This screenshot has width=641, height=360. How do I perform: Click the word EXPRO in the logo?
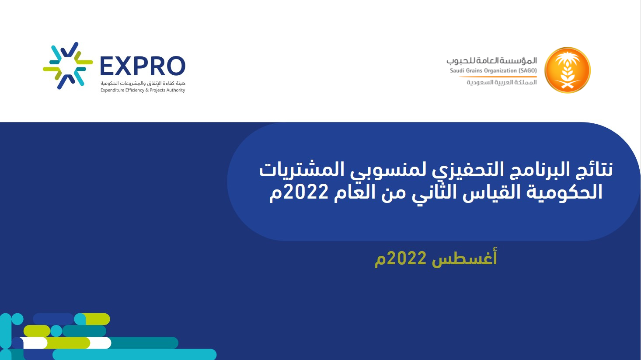tap(143, 66)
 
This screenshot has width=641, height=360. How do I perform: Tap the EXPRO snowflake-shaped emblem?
tap(68, 66)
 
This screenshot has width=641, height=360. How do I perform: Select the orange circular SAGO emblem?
tap(567, 70)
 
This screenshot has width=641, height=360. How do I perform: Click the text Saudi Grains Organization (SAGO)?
tap(493, 71)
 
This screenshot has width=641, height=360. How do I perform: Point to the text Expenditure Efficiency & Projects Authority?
tap(143, 90)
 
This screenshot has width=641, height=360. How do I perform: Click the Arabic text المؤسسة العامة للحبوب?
tap(491, 61)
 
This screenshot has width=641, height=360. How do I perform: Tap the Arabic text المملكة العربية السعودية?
tap(502, 82)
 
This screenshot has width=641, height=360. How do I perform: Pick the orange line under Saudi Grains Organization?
tap(498, 77)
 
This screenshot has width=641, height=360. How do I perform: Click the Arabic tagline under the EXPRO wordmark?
tap(143, 83)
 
